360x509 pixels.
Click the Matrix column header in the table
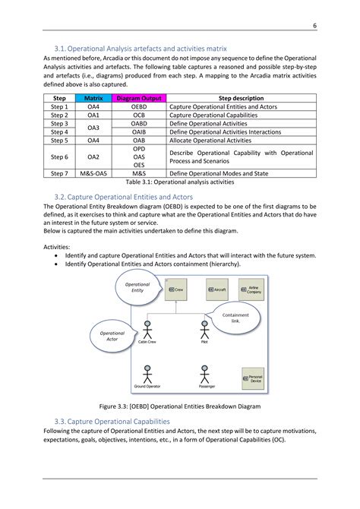[x=93, y=99]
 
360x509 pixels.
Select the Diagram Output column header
[x=139, y=99]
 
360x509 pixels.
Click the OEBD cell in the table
[x=139, y=107]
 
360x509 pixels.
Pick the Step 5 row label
[x=60, y=141]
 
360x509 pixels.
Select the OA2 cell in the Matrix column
[x=93, y=156]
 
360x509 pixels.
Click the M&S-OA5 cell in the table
[x=93, y=173]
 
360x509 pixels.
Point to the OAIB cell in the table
[x=139, y=132]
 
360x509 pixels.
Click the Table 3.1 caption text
[x=180, y=182]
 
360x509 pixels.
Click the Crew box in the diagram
[x=175, y=289]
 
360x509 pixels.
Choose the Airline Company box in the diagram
[x=252, y=289]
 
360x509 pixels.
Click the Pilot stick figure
[x=204, y=332]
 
